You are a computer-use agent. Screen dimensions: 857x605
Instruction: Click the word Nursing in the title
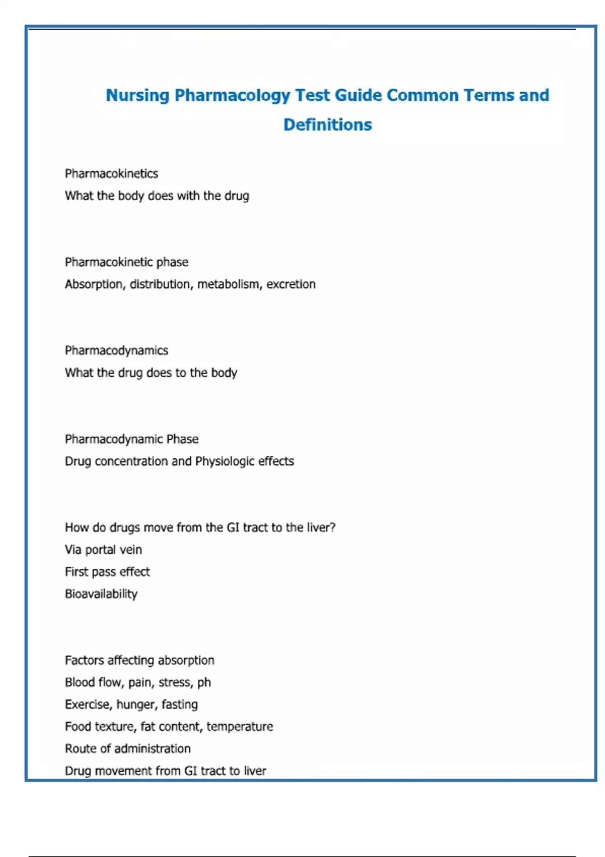(137, 95)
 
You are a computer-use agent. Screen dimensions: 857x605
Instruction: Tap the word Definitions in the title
(328, 125)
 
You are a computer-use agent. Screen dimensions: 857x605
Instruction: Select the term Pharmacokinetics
(111, 174)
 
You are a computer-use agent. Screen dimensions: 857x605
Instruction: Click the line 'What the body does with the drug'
(157, 196)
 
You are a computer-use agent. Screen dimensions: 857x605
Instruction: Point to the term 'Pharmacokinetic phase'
(127, 262)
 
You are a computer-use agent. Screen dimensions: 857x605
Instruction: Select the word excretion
(291, 284)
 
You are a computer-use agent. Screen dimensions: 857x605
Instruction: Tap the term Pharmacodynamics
(116, 350)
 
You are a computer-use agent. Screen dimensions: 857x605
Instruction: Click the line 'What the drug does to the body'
(151, 373)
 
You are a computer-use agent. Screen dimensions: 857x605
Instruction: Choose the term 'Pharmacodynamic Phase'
(132, 439)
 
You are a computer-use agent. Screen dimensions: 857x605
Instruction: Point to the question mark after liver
(333, 527)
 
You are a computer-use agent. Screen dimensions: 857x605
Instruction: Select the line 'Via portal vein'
(103, 549)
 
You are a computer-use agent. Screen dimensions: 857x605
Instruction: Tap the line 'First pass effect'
(107, 572)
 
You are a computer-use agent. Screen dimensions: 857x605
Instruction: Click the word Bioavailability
(101, 594)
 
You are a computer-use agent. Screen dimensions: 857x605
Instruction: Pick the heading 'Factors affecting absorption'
(140, 660)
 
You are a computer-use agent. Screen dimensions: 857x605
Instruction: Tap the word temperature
(239, 726)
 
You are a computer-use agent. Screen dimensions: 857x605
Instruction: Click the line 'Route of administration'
(128, 749)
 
